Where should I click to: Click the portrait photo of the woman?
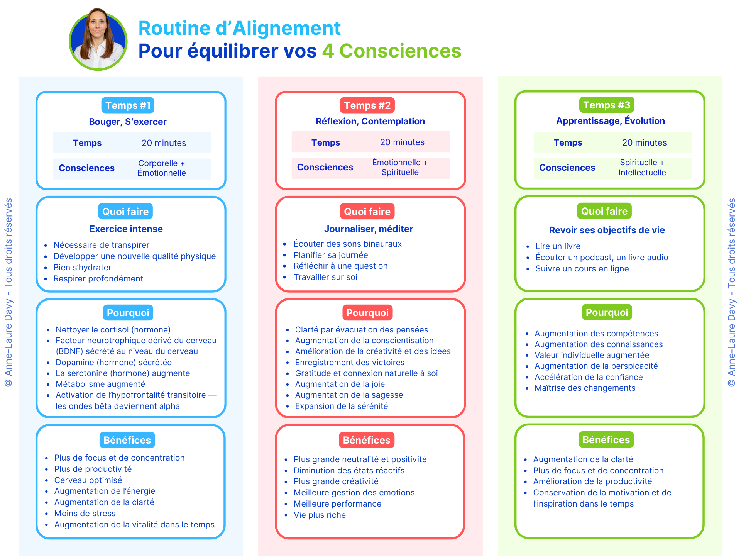[98, 40]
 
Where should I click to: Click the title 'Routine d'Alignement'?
[239, 28]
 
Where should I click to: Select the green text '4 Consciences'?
[392, 51]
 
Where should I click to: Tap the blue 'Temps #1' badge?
[128, 105]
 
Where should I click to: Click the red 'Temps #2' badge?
[367, 105]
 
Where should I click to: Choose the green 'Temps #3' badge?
[606, 105]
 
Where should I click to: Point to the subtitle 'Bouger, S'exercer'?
[128, 122]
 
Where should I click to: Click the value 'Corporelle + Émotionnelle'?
[162, 168]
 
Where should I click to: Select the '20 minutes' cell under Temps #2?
[402, 142]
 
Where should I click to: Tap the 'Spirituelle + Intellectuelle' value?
[642, 168]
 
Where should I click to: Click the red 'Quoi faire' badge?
[367, 212]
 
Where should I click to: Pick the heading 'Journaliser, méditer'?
[369, 229]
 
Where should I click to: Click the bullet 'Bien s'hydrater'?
[82, 268]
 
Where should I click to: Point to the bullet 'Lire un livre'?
[558, 246]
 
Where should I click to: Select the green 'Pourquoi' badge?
[607, 312]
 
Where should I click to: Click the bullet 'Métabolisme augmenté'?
[100, 384]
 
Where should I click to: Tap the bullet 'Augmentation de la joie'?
[340, 384]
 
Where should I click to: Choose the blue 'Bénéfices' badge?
[127, 440]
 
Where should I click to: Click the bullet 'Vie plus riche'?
[320, 515]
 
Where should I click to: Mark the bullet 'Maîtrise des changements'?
[585, 388]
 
